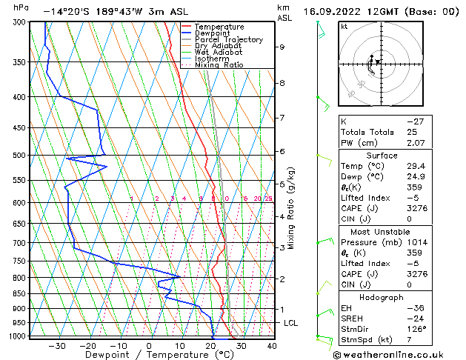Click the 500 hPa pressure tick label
pos(19,156)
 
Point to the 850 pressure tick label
pos(19,293)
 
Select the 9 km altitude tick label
pos(282,47)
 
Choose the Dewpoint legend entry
pos(213,33)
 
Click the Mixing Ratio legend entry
pos(219,65)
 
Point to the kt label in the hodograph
pos(344,27)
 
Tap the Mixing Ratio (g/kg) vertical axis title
pos(292,208)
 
